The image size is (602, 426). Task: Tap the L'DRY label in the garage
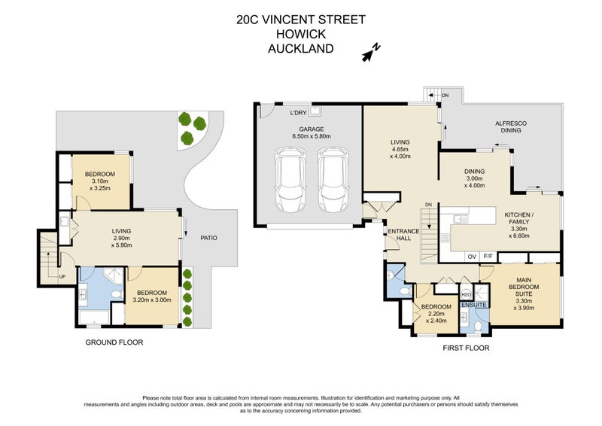click(x=299, y=114)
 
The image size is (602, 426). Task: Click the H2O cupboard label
click(x=466, y=294)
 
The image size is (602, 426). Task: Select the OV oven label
click(x=471, y=257)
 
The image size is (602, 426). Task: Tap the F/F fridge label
click(x=488, y=257)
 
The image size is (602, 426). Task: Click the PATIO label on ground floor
click(x=208, y=238)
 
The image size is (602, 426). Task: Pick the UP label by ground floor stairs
click(x=61, y=277)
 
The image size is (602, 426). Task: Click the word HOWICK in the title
click(x=300, y=35)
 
